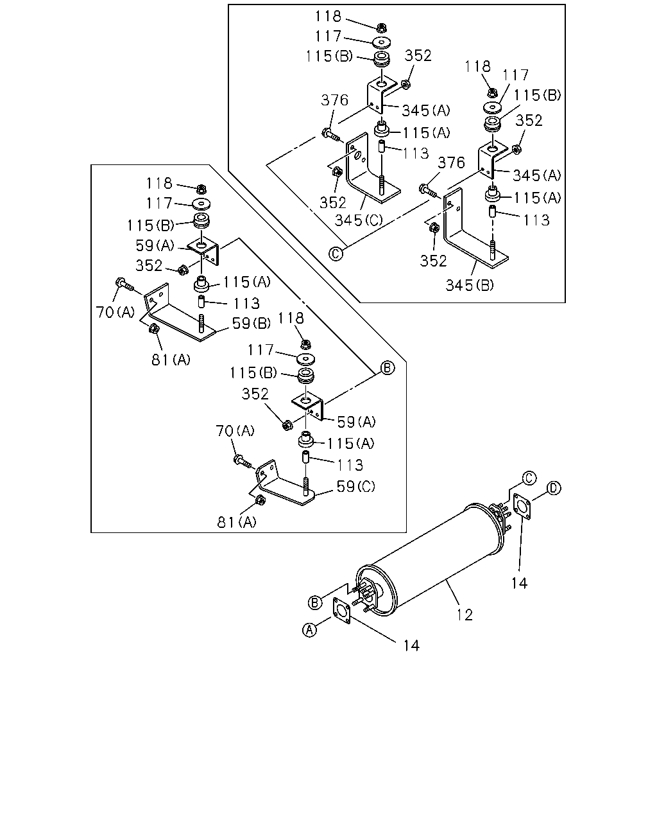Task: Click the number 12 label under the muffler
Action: pos(465,615)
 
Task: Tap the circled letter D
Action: pos(554,488)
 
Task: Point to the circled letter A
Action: pos(310,629)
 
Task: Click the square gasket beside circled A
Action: pos(341,610)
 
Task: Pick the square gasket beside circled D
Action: pos(522,507)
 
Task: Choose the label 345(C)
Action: pos(359,220)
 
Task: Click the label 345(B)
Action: pos(470,285)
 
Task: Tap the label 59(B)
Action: pos(252,324)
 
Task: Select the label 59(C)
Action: pos(356,486)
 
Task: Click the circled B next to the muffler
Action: pos(315,602)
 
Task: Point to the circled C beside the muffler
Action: pos(529,478)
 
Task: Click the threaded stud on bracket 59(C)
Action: pos(306,486)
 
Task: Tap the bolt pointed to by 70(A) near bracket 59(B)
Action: pos(124,284)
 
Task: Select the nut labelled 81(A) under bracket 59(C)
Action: pos(260,500)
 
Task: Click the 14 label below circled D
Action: pos(519,583)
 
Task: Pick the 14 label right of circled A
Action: pos(411,645)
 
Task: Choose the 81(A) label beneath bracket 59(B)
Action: pos(171,360)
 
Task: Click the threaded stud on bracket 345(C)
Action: pos(382,185)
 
